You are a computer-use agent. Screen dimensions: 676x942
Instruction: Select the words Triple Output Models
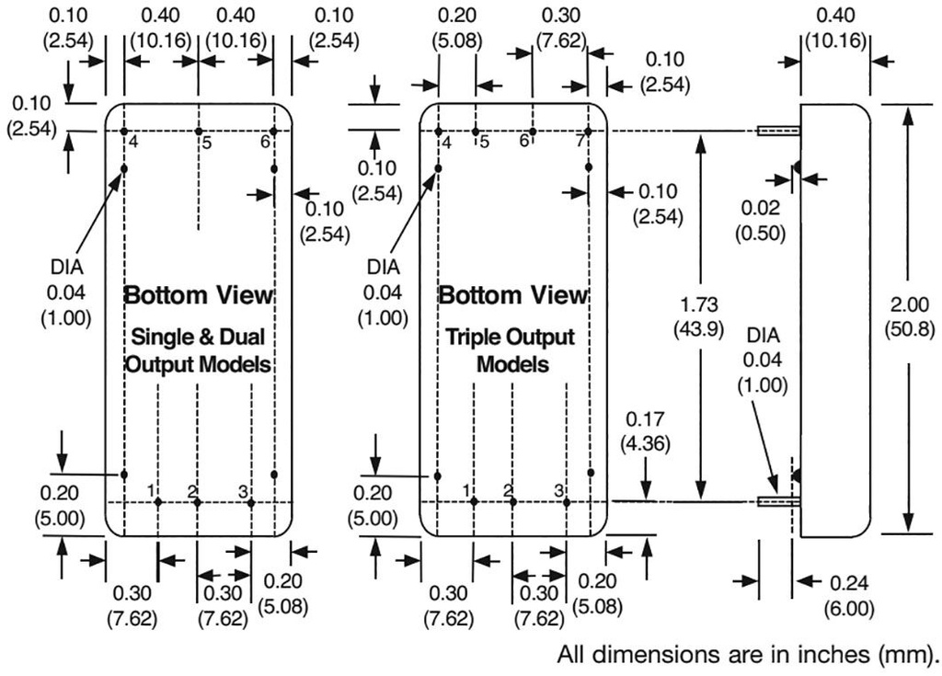tap(512, 350)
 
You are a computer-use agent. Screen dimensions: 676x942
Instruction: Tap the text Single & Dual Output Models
tap(199, 350)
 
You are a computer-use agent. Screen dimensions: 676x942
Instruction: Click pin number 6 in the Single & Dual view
tap(266, 142)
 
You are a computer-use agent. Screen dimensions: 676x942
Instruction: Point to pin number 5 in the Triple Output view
tap(484, 142)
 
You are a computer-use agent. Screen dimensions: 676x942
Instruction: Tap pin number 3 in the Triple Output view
tap(558, 490)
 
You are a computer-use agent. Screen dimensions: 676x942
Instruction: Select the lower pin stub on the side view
tap(778, 501)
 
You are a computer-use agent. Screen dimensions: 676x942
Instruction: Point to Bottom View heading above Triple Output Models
tap(512, 295)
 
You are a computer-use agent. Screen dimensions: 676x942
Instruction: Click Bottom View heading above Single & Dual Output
tap(199, 295)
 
